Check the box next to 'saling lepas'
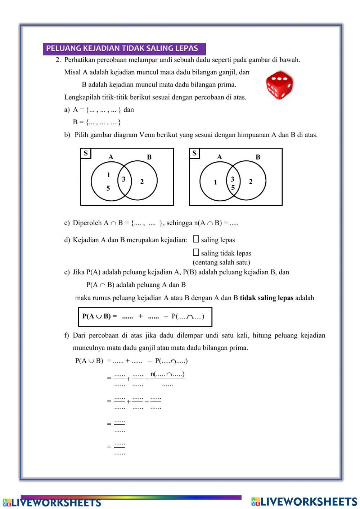pyautogui.click(x=196, y=239)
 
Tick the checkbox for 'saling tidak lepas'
pyautogui.click(x=196, y=253)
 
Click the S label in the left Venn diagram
pyautogui.click(x=86, y=153)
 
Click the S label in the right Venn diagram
pyautogui.click(x=194, y=153)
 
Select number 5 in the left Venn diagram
pyautogui.click(x=108, y=188)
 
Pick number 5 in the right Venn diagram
pyautogui.click(x=233, y=188)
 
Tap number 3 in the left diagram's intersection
pyautogui.click(x=123, y=179)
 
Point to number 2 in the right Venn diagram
pyautogui.click(x=251, y=182)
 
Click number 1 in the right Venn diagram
pyautogui.click(x=215, y=182)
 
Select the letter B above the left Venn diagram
pyautogui.click(x=149, y=157)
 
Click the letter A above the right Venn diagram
pyautogui.click(x=220, y=157)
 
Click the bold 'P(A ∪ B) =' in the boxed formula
pyautogui.click(x=100, y=317)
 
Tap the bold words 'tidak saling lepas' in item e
pyautogui.click(x=266, y=298)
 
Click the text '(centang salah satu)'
pyautogui.click(x=221, y=262)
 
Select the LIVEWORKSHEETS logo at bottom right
pyautogui.click(x=304, y=502)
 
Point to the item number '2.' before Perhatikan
pyautogui.click(x=58, y=60)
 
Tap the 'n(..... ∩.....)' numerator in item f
pyautogui.click(x=167, y=374)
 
